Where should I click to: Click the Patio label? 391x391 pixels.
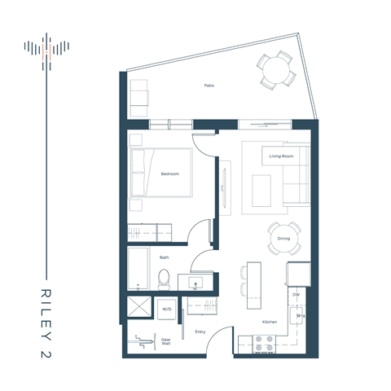click(209, 85)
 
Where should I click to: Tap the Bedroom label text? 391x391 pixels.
click(169, 174)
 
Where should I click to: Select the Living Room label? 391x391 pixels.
click(281, 155)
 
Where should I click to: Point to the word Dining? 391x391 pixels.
click(283, 239)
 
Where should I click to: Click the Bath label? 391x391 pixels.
click(165, 257)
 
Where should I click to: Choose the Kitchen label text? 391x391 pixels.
click(269, 323)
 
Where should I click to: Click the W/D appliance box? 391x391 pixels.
click(167, 310)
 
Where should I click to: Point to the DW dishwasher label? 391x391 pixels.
click(297, 294)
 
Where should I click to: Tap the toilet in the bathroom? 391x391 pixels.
click(163, 278)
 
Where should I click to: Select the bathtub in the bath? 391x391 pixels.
click(138, 270)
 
